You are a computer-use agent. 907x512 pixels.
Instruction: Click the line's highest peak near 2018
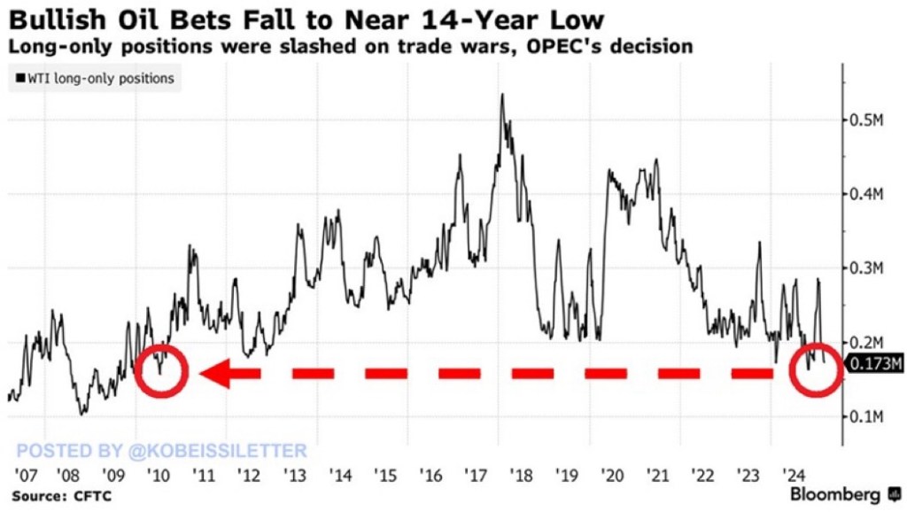click(x=502, y=95)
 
